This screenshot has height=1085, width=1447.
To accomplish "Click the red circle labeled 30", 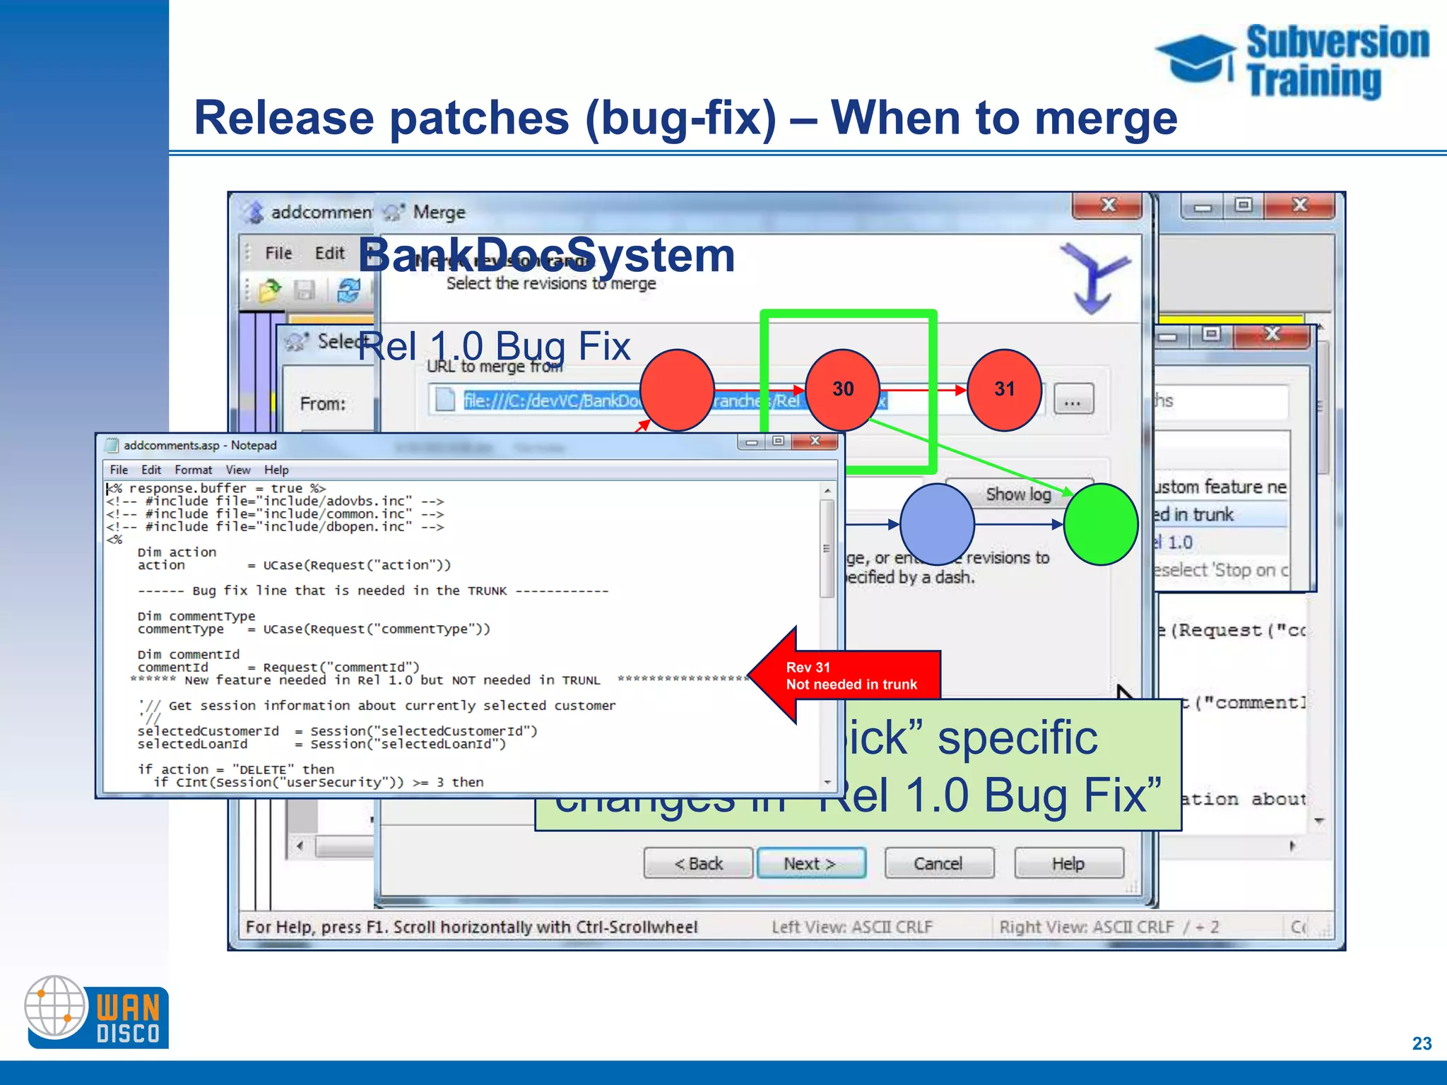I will point(842,390).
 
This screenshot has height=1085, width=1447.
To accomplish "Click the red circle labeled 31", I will point(1004,390).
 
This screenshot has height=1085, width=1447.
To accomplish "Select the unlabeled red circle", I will point(677,390).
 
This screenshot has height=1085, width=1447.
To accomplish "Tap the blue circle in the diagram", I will point(937,524).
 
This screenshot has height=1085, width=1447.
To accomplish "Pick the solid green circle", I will point(1100,524).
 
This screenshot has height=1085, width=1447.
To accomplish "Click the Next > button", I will point(811,863).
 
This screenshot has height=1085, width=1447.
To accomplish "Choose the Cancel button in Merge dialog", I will point(938,863).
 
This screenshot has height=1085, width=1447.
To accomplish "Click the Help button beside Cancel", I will point(1068,863).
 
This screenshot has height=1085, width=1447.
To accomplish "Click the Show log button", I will point(1018,494).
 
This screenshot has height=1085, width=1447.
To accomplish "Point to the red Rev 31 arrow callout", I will point(848,675).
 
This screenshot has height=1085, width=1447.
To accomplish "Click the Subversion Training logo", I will point(1293,62).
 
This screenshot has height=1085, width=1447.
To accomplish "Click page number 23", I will point(1422,1043).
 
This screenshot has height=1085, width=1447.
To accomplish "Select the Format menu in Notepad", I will point(193,470).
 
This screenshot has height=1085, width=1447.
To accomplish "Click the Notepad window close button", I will point(815,441).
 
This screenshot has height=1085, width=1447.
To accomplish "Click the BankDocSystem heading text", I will point(546,255).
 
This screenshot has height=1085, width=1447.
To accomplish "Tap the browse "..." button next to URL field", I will point(1073,401).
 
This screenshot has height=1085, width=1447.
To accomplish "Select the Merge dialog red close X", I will point(1107,206).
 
